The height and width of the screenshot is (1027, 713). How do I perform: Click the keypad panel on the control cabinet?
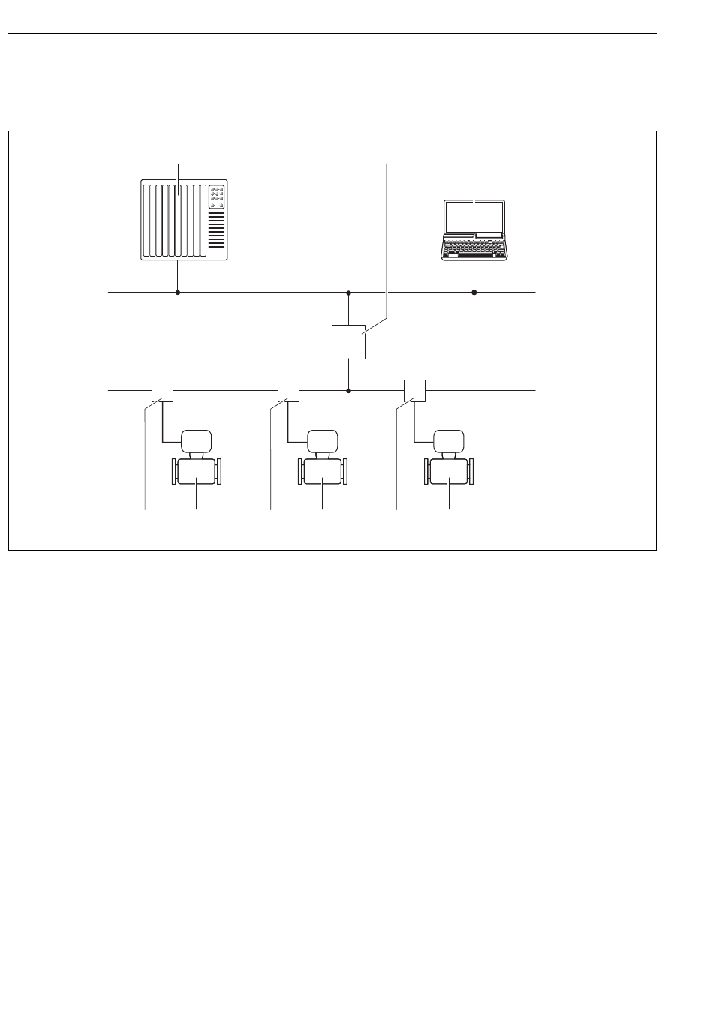click(216, 196)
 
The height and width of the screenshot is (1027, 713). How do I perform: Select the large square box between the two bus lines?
click(348, 342)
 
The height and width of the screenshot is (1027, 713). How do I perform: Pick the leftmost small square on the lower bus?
click(163, 391)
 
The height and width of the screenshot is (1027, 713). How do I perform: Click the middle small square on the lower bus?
click(288, 391)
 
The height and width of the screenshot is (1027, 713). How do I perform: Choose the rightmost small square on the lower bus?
click(414, 391)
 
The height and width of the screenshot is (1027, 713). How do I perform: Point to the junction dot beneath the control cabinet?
click(178, 293)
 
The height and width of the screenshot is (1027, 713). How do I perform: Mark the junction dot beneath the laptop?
click(474, 293)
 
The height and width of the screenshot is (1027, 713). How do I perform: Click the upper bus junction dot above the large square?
click(348, 293)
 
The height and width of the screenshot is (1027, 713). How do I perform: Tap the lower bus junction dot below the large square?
click(348, 391)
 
